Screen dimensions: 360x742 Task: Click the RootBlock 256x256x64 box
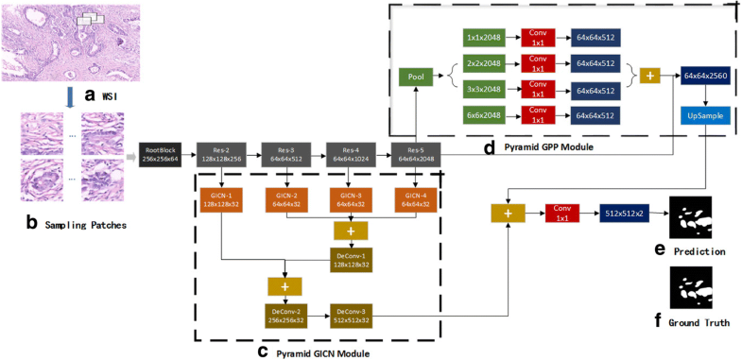[162, 154]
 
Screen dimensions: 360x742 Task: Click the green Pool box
[416, 77]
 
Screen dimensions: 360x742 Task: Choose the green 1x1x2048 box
[484, 39]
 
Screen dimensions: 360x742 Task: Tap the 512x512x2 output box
[625, 216]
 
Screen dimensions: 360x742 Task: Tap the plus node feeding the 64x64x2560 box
[652, 76]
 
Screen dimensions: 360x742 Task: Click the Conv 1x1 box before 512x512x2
[564, 216]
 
